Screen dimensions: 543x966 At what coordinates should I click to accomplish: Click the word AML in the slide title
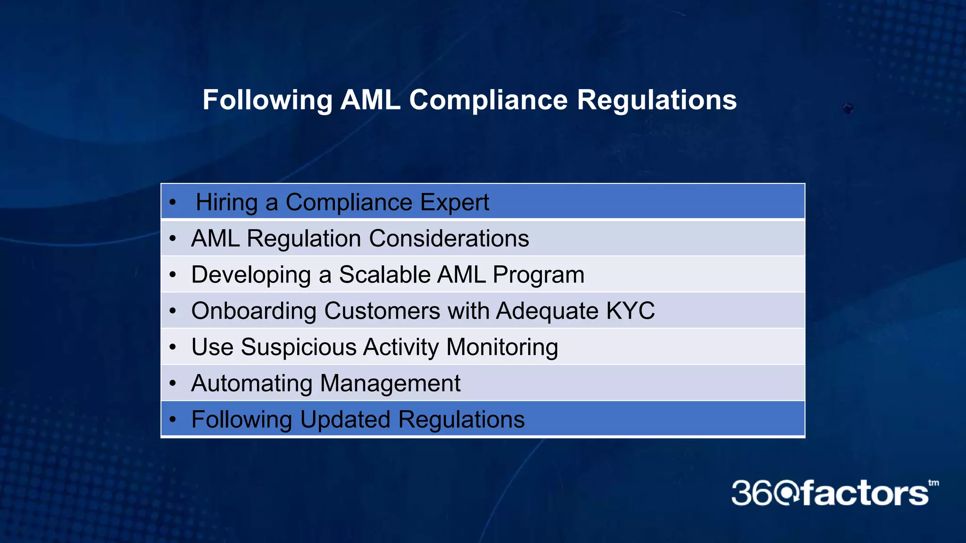pos(370,100)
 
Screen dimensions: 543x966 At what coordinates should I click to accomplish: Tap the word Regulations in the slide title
pos(657,100)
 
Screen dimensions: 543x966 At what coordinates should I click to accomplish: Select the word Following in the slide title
pos(267,100)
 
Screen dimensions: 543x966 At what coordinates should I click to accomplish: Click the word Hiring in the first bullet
pos(226,202)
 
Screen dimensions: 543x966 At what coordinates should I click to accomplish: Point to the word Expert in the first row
pos(454,202)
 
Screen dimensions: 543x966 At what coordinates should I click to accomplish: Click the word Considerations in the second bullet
pos(449,238)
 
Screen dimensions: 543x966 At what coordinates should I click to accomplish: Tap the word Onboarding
pos(254,311)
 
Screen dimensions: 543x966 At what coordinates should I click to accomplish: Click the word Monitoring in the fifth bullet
pos(502,347)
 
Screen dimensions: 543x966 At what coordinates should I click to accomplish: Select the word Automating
pos(251,383)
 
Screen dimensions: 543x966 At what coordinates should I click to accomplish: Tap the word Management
pos(390,383)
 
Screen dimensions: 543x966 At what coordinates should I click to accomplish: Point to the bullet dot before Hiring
pos(173,203)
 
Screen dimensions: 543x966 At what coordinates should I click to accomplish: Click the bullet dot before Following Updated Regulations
pos(173,419)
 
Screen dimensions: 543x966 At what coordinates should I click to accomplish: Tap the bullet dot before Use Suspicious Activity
pos(173,347)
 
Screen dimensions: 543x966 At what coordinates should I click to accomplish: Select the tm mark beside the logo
pos(933,483)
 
